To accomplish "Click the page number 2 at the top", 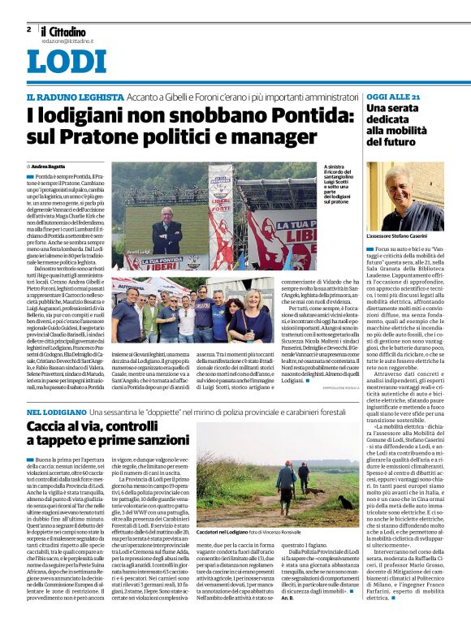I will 28,29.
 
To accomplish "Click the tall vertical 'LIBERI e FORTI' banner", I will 220,227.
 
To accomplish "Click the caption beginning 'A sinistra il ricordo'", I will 332,184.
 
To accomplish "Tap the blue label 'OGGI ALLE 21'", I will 393,97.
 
